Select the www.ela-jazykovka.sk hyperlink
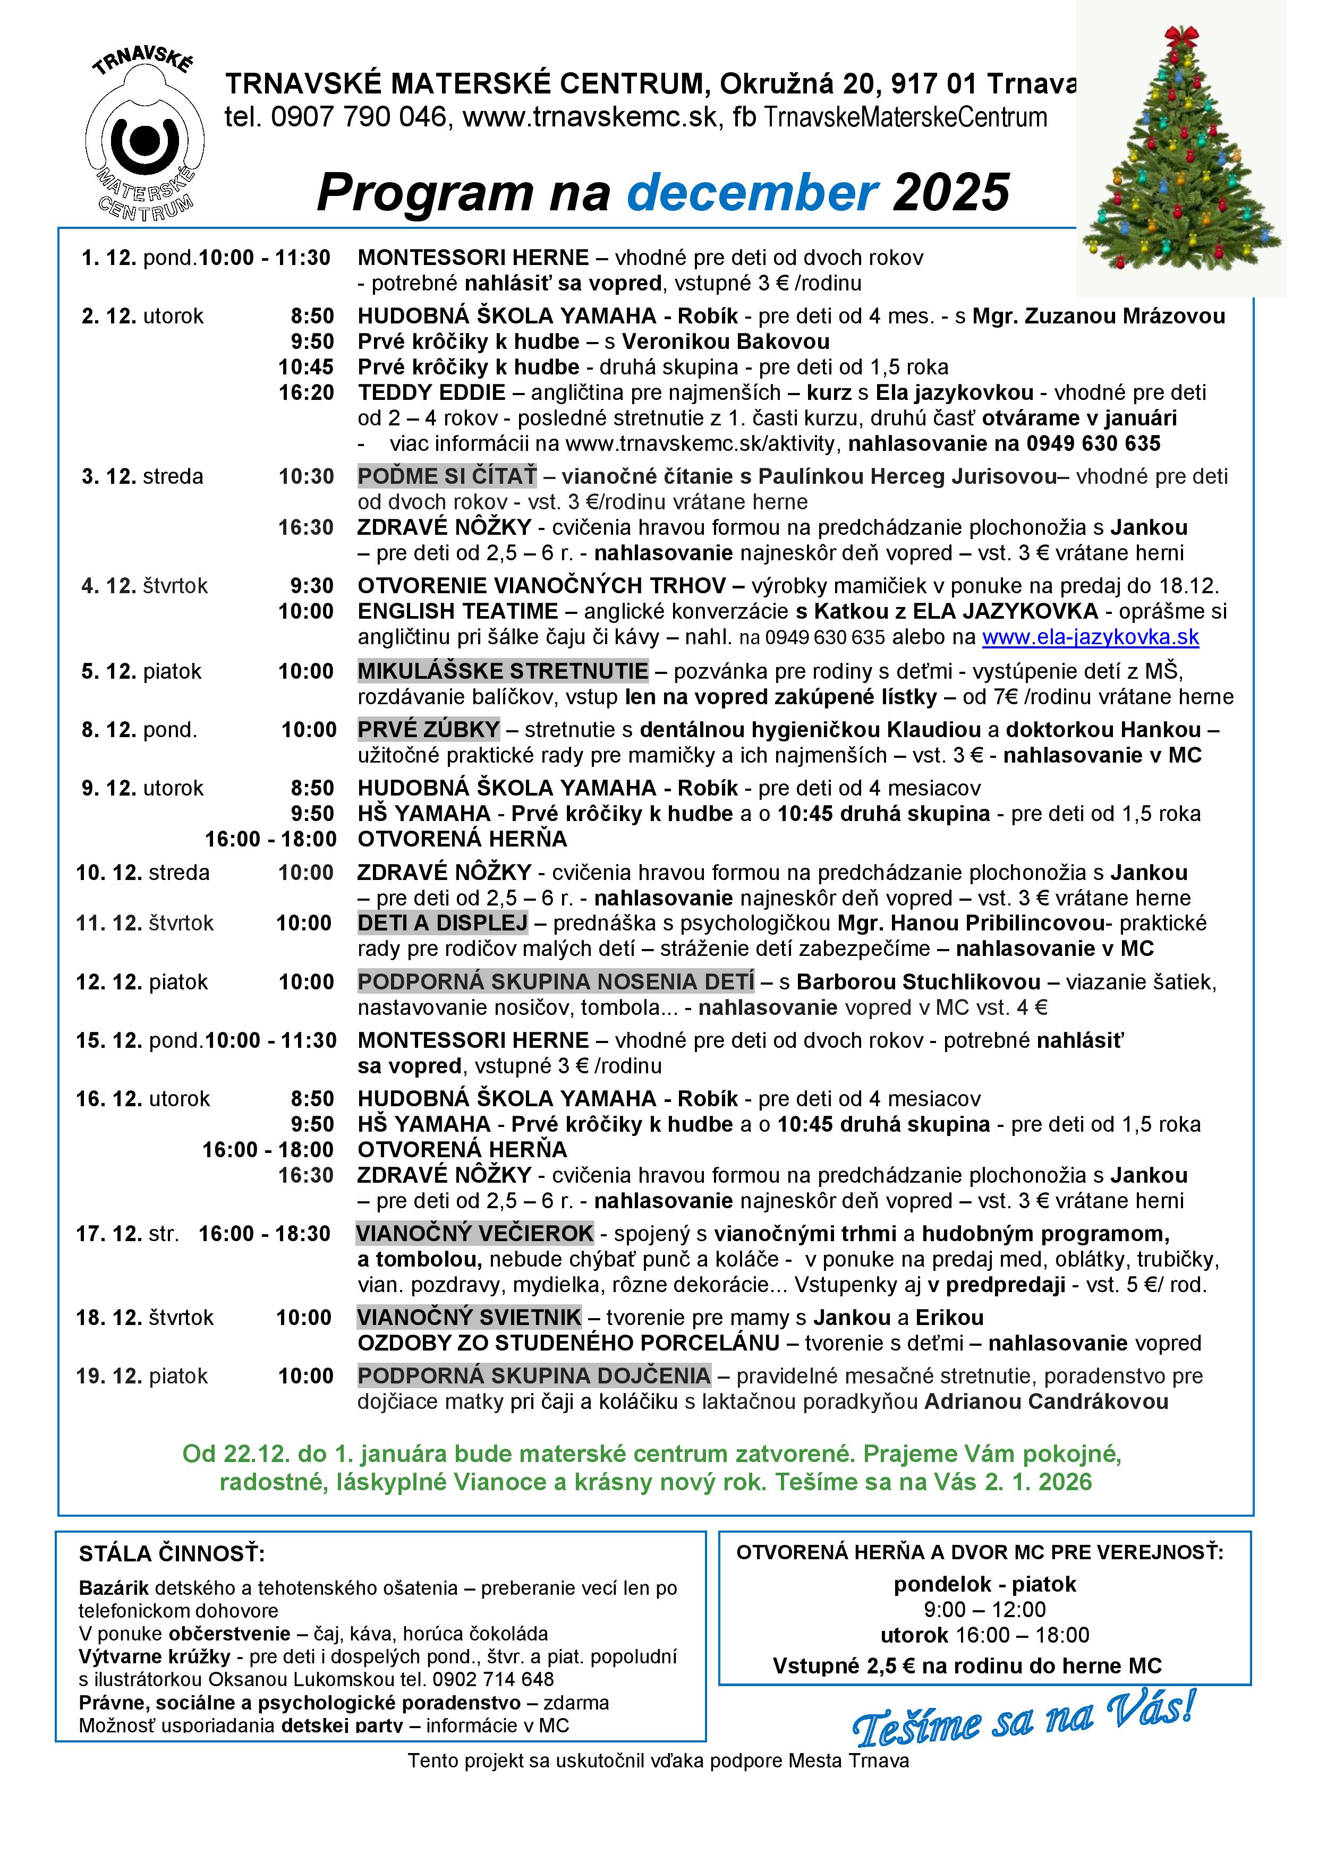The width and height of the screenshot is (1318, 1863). point(1090,637)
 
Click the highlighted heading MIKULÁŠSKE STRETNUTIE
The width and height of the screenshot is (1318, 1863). point(503,671)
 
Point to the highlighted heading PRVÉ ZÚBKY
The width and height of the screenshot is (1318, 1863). point(429,730)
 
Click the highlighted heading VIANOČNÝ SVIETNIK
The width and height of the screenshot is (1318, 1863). point(469,1317)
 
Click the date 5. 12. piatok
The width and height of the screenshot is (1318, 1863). point(141,671)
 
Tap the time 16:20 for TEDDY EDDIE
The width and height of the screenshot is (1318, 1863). point(306,392)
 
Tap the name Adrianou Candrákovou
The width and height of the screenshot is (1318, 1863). point(1046,1401)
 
